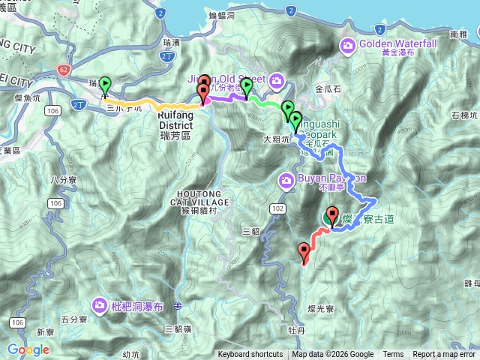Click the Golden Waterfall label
(397, 44)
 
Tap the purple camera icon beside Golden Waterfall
(348, 47)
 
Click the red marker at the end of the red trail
(304, 252)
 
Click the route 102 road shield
(278, 208)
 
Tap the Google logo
(28, 349)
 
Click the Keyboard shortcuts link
(250, 355)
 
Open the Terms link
(393, 355)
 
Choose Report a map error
(445, 355)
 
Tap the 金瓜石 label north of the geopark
(328, 88)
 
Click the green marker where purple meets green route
(247, 87)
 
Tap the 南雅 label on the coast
(458, 35)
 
